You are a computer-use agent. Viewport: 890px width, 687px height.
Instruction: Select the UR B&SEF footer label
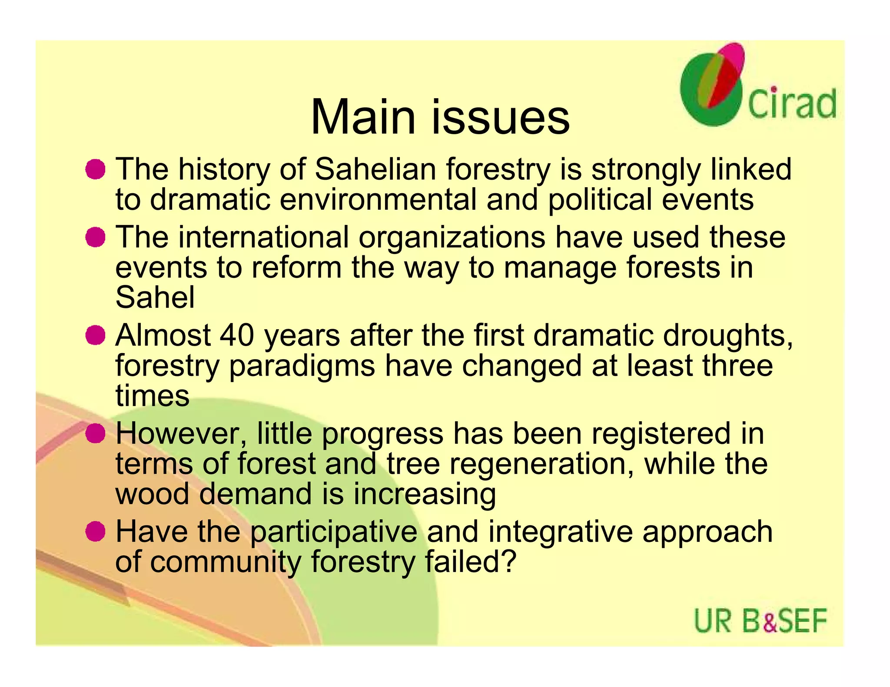click(760, 621)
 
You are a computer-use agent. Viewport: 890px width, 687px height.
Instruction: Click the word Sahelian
click(375, 169)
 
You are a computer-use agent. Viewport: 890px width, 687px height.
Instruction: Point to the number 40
click(237, 336)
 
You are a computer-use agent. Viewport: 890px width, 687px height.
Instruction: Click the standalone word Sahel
click(155, 298)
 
